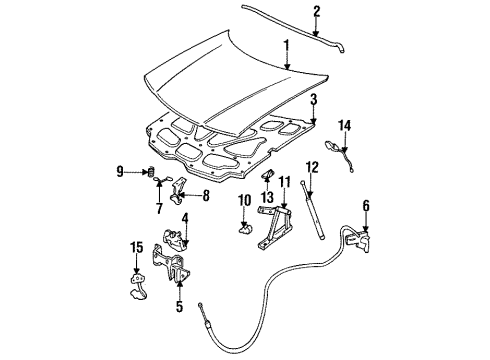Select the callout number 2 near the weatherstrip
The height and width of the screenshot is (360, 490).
click(288, 12)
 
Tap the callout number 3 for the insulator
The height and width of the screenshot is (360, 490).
click(313, 99)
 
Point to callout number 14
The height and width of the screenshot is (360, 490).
click(344, 125)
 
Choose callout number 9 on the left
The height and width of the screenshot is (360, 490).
click(121, 172)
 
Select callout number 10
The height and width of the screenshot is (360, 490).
click(242, 202)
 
